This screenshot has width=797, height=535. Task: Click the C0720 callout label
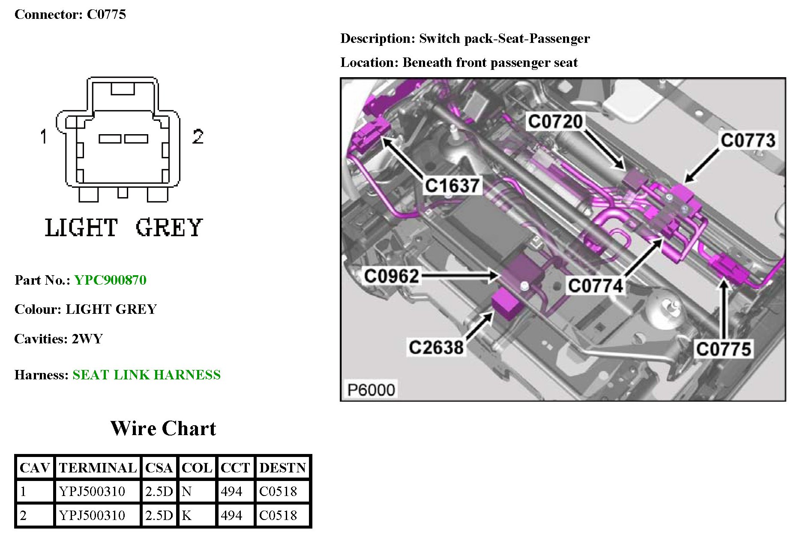click(x=555, y=122)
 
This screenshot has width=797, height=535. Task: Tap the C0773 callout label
click(x=748, y=140)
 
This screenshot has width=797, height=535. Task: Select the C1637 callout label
click(x=452, y=186)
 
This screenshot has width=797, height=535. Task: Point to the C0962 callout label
click(x=391, y=276)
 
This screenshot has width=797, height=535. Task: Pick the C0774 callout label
click(x=595, y=286)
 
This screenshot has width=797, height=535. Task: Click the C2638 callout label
click(x=436, y=347)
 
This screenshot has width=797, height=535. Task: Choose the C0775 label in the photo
click(x=723, y=349)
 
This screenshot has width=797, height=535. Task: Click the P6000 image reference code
click(x=371, y=390)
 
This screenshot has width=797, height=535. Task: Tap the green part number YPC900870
click(x=110, y=280)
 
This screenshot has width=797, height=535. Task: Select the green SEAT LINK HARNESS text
click(x=147, y=375)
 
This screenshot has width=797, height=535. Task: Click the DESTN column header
click(x=282, y=468)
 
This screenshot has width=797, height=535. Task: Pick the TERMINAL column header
click(x=98, y=468)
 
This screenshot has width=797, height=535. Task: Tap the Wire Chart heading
click(x=163, y=428)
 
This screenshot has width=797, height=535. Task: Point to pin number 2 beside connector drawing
click(x=198, y=137)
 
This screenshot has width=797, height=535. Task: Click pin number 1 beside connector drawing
click(x=43, y=137)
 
